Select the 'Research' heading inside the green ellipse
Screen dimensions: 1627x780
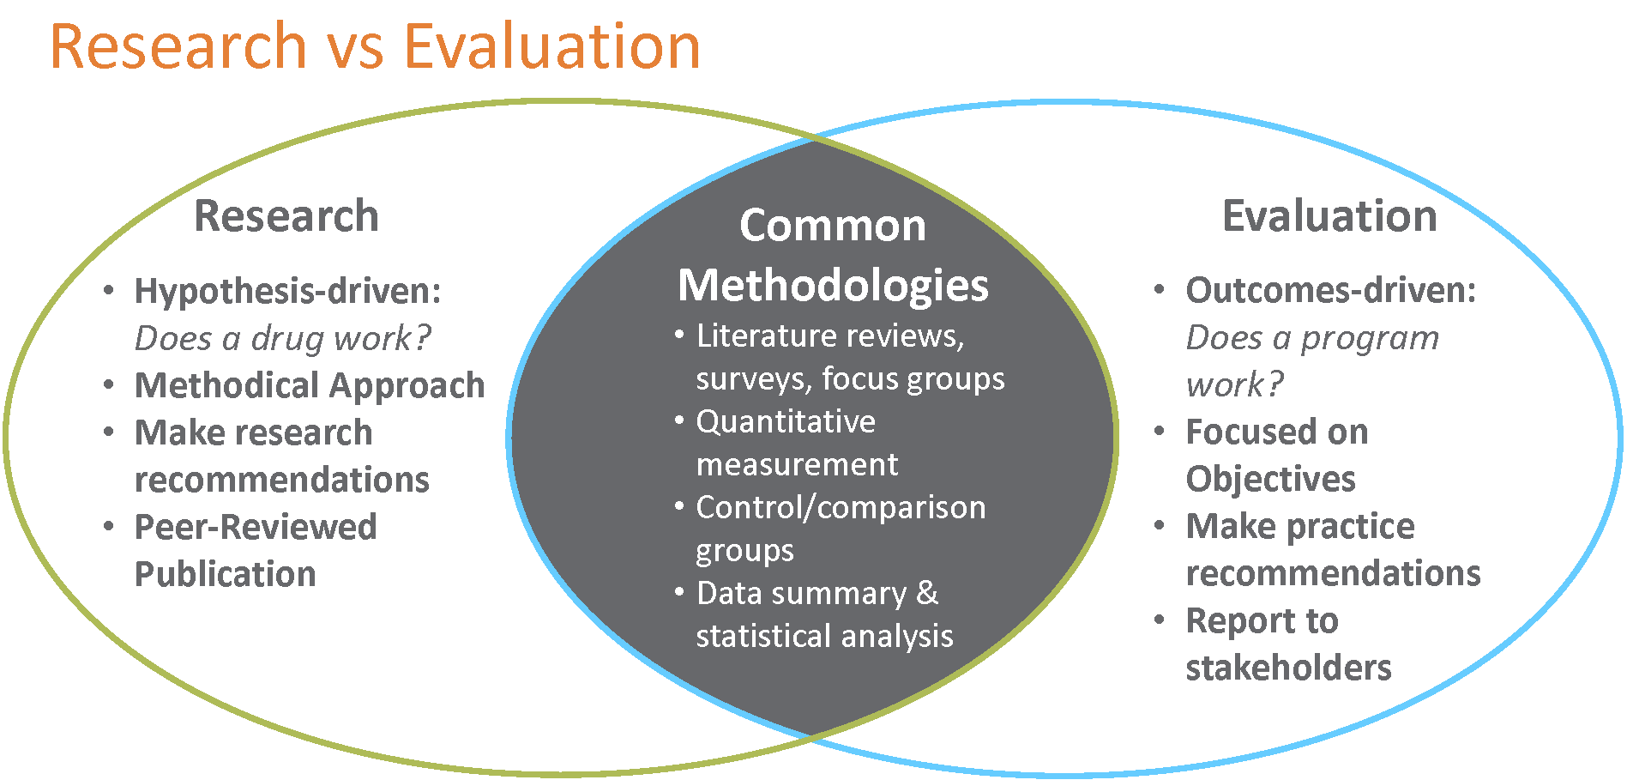[x=286, y=215]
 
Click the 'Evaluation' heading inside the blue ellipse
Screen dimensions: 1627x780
[x=1329, y=215]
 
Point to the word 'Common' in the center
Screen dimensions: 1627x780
[x=833, y=226]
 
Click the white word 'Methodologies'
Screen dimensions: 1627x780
[x=833, y=286]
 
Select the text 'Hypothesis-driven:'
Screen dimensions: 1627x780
[x=288, y=292]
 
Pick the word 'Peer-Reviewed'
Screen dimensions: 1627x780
[x=256, y=527]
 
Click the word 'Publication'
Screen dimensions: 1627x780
[x=226, y=574]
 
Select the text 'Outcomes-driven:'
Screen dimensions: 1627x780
[x=1331, y=291]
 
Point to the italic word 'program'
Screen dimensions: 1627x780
[x=1370, y=340]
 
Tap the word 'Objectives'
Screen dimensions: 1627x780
[x=1270, y=479]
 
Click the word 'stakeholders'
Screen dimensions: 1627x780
[x=1289, y=668]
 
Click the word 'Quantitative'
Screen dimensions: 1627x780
[x=786, y=421]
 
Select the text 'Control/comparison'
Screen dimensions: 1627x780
[x=841, y=508]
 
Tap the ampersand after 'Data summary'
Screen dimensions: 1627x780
[x=927, y=593]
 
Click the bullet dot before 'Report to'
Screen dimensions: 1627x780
[x=1160, y=619]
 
